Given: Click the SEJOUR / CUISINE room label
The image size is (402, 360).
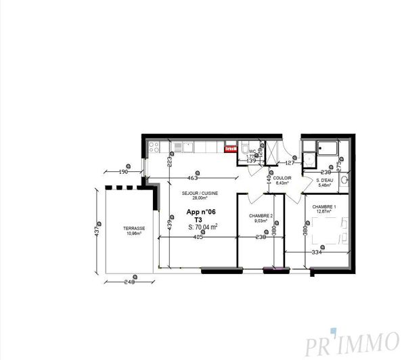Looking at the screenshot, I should coord(194,193).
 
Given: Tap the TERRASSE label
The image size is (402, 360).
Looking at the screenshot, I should coord(133,229).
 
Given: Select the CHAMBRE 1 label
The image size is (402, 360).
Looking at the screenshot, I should coord(323,205).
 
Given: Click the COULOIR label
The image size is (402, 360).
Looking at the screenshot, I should coord(282,178).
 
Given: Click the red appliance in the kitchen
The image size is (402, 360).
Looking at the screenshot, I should coord(230,149).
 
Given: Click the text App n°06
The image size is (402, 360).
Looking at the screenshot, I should coord(200,212).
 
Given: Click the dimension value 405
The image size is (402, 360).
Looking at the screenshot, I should coord(198,238).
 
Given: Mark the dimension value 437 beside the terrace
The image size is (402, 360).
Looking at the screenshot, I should coord(97,231).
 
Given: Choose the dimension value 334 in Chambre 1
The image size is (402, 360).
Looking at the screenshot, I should coord(315,252).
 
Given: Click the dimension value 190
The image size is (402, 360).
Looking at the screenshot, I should coord(123,172).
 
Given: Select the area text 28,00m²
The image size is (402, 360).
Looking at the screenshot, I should coord(194,199).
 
